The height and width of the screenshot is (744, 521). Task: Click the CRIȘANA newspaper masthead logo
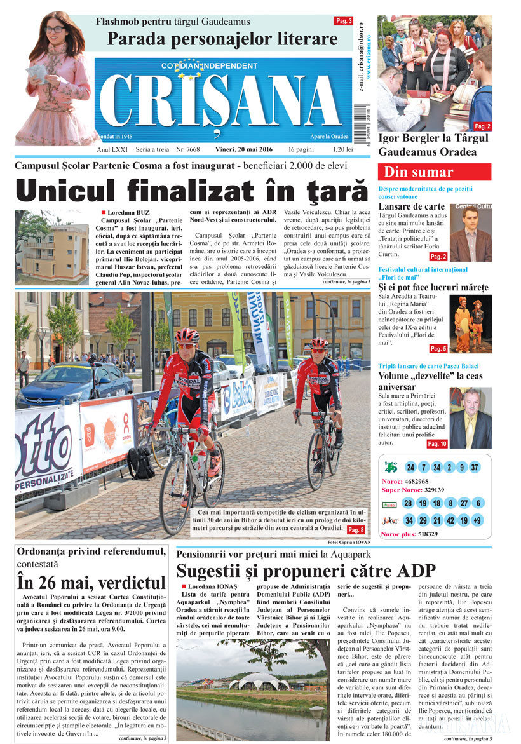point(222,102)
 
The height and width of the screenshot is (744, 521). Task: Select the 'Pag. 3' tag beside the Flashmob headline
point(343,21)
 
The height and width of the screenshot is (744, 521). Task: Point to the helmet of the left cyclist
point(187,335)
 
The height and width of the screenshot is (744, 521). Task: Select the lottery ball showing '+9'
point(477,521)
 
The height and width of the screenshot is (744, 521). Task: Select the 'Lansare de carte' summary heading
point(411,206)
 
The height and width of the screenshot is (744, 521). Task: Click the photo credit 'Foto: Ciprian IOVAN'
point(349,542)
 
